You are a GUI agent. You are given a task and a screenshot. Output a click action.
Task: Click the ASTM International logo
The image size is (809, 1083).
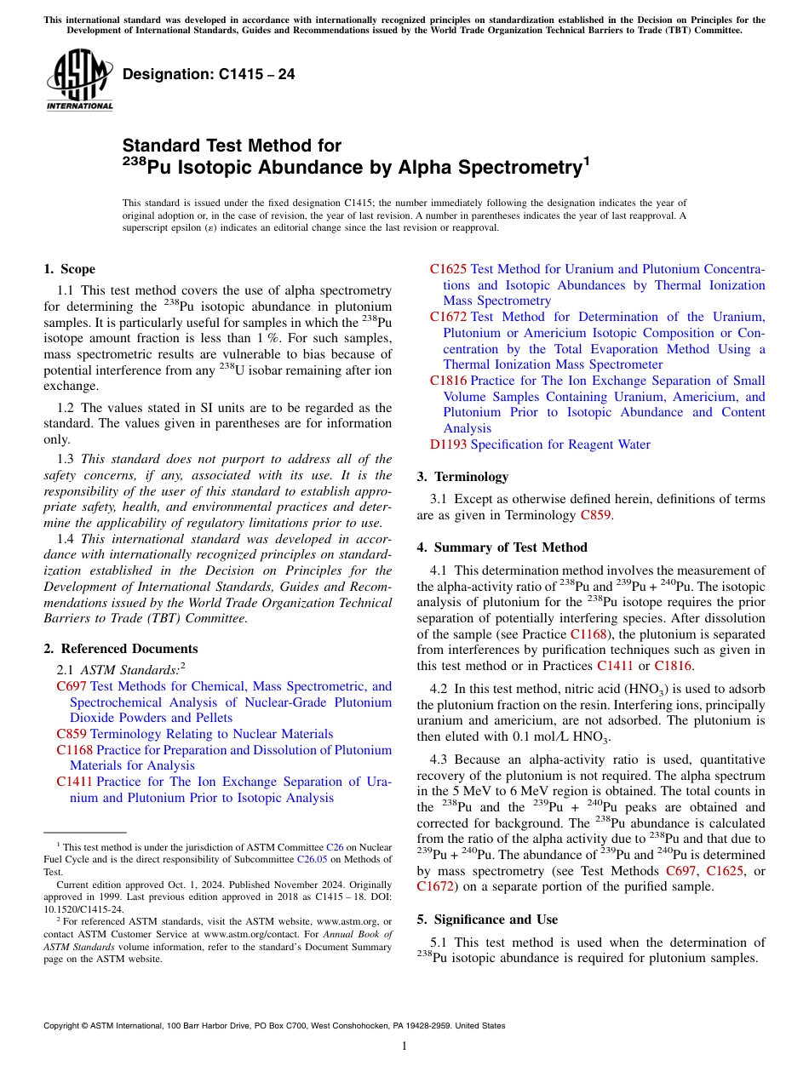click(79, 80)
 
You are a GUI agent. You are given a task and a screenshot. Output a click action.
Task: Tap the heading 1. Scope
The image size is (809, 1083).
click(69, 269)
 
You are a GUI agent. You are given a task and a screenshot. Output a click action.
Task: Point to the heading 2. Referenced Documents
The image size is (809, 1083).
click(120, 649)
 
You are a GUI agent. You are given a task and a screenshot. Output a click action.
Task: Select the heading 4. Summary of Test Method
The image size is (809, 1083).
click(502, 547)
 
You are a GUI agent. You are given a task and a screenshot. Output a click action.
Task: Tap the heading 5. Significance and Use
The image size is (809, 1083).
click(487, 920)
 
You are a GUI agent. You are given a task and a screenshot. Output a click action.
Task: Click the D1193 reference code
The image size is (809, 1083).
click(448, 444)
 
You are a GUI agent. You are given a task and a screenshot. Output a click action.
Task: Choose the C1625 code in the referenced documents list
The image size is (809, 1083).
click(448, 269)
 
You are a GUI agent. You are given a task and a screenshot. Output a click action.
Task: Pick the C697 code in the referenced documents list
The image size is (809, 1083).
click(72, 686)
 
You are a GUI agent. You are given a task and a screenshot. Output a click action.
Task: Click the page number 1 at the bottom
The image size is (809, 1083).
click(404, 1046)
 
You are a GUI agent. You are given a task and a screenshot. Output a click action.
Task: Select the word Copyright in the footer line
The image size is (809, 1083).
click(62, 1026)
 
